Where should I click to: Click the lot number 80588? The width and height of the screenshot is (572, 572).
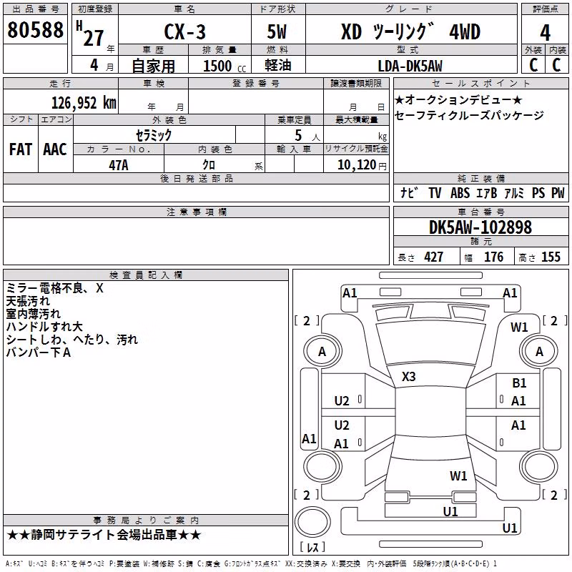click(35, 29)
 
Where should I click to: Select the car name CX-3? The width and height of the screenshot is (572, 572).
click(184, 31)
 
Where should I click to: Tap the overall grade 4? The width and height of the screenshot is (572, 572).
click(545, 33)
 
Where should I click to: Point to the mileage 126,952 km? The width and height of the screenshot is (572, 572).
click(84, 102)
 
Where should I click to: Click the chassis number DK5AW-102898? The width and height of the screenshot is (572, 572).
click(480, 227)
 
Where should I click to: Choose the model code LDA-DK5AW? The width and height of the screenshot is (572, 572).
click(410, 66)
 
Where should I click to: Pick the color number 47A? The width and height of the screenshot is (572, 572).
click(119, 165)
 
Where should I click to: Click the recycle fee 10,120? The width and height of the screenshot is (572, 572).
click(357, 165)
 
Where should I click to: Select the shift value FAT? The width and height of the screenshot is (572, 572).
click(21, 149)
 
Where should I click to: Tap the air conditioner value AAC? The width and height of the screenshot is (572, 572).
click(55, 149)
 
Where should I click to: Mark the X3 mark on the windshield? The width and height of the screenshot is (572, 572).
click(408, 377)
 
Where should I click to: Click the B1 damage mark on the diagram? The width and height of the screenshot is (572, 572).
click(519, 383)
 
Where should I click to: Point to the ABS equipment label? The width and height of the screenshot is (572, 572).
click(460, 193)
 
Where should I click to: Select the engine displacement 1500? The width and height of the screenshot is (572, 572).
click(217, 66)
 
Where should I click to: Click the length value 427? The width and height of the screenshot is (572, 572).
click(434, 257)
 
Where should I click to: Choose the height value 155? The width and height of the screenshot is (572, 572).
click(551, 257)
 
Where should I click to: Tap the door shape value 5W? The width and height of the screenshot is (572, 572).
click(277, 31)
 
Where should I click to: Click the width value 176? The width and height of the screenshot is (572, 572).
click(494, 257)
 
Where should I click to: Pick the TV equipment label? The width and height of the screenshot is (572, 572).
click(435, 193)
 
